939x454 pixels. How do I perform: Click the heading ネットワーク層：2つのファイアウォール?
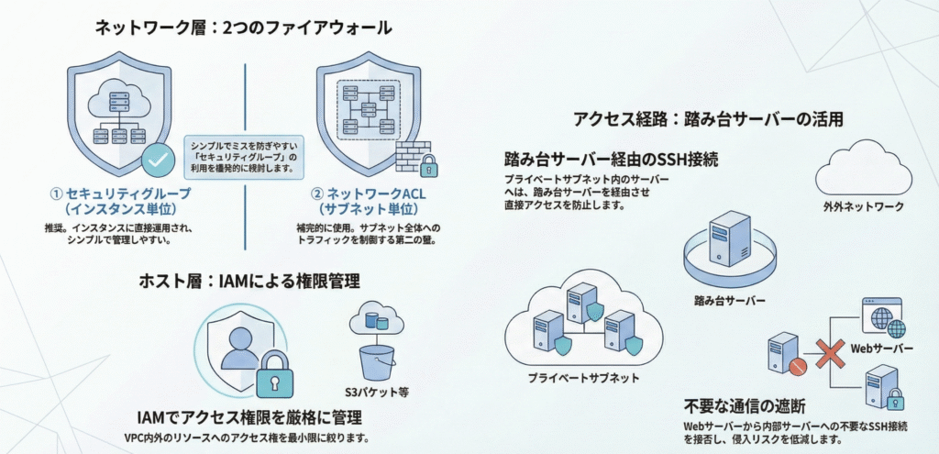[x=243, y=28]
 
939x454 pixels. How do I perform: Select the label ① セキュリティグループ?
[x=122, y=194]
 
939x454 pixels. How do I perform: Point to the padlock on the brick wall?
[x=427, y=165]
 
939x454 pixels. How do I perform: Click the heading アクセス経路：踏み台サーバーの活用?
[x=708, y=118]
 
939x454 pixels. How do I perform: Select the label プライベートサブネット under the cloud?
[x=584, y=377]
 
